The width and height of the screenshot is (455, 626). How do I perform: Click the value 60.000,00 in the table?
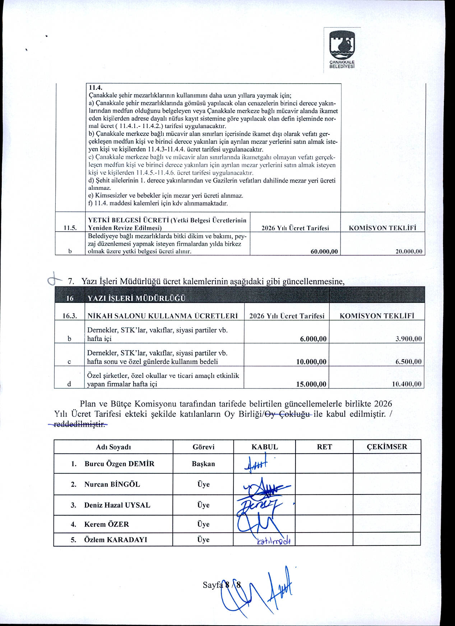coord(324,252)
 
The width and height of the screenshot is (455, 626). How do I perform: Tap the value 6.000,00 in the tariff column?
coord(313,339)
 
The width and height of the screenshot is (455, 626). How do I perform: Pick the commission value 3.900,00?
coord(408,339)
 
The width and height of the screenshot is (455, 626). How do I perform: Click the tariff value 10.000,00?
coord(311,362)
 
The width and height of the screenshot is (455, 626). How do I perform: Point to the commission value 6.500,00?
coord(408,362)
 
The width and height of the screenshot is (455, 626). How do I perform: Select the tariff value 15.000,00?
coord(311,385)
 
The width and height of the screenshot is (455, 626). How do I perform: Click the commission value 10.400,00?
coord(407,385)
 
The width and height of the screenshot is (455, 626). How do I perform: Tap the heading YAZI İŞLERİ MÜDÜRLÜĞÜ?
coord(136,298)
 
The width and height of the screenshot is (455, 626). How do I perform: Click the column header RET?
coord(324,447)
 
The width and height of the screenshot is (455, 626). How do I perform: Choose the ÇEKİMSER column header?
coord(387,447)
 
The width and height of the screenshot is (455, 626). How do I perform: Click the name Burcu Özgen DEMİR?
coord(119,464)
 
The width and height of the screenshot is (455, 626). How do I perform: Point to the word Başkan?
coord(203,464)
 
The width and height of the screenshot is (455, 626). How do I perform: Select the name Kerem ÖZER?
coord(106,524)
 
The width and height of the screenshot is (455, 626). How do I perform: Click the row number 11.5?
coord(70,228)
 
